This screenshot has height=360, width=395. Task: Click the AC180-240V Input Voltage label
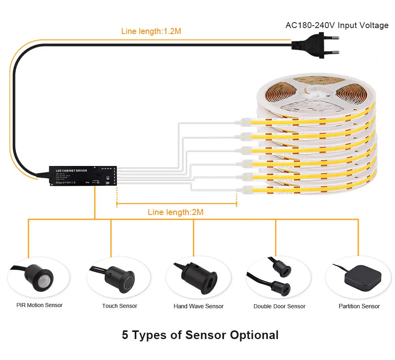pos(337,25)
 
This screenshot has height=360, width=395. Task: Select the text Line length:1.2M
pos(151,31)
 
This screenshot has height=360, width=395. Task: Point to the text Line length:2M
pos(175,212)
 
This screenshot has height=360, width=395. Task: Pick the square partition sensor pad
pos(363,277)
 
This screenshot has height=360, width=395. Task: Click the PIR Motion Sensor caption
pos(39,305)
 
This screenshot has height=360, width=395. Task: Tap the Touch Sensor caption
pos(120,306)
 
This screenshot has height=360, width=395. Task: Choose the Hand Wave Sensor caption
pos(199,306)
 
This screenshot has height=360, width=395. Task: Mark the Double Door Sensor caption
pos(279,306)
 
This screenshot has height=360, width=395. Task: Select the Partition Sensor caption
pos(359,306)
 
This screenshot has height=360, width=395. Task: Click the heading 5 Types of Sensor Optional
pos(200,335)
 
